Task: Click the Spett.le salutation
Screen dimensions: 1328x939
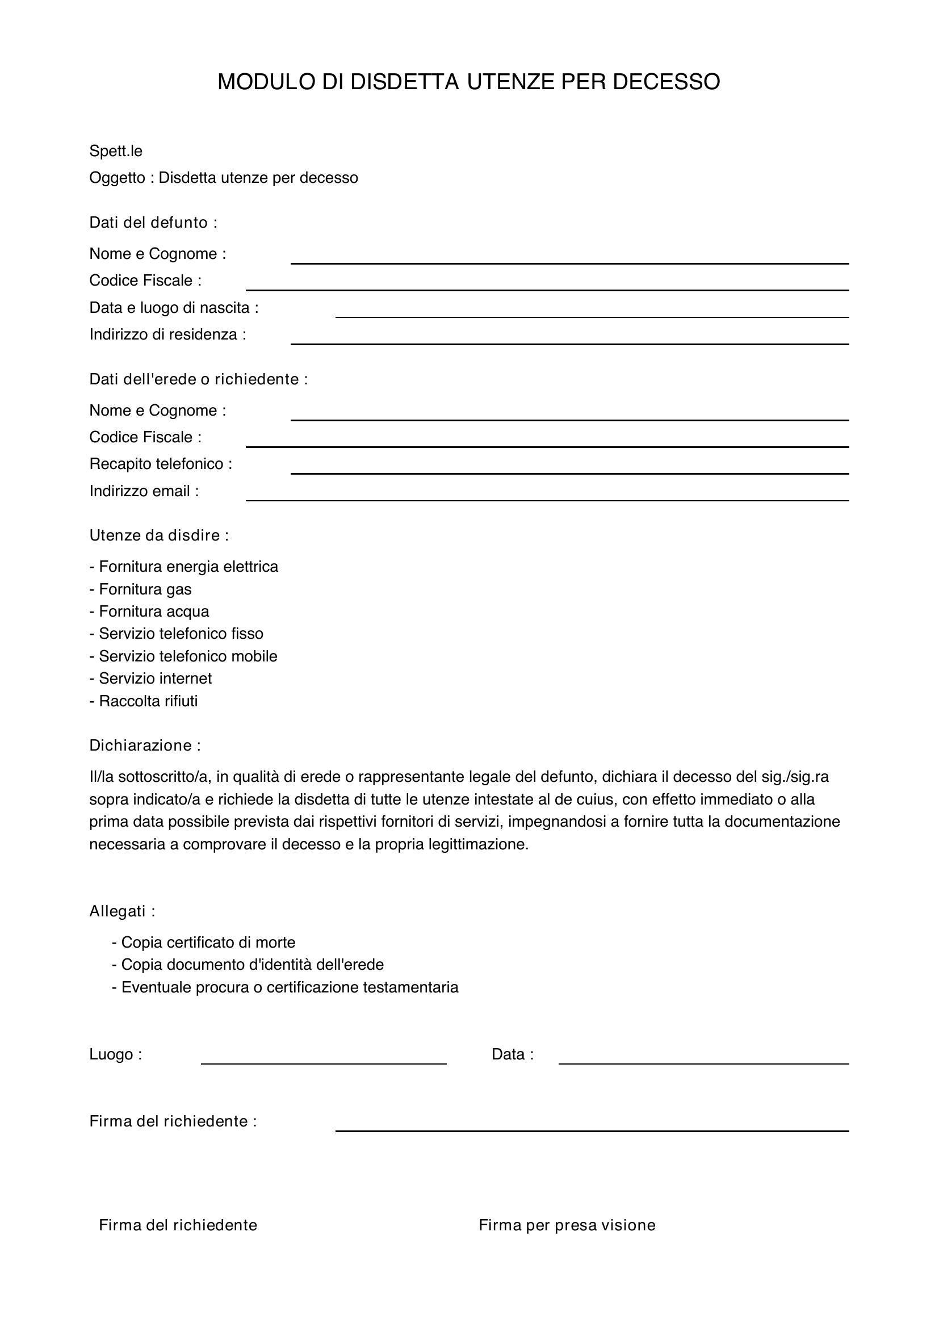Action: (x=116, y=152)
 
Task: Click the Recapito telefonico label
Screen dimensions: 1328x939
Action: (x=161, y=464)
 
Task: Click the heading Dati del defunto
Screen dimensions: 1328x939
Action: (x=153, y=223)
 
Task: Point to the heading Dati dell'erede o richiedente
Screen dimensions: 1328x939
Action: (x=198, y=379)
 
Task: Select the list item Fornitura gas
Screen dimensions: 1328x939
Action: (x=140, y=589)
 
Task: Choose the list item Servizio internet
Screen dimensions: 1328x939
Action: (x=150, y=678)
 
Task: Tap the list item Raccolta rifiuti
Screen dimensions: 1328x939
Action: (x=144, y=701)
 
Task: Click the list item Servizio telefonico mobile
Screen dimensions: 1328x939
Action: (x=183, y=656)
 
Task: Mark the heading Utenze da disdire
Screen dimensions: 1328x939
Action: (x=159, y=535)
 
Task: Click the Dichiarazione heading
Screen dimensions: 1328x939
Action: (x=145, y=745)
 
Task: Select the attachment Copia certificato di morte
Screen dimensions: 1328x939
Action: (x=204, y=943)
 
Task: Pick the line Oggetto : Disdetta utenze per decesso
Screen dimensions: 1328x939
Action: (x=224, y=178)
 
